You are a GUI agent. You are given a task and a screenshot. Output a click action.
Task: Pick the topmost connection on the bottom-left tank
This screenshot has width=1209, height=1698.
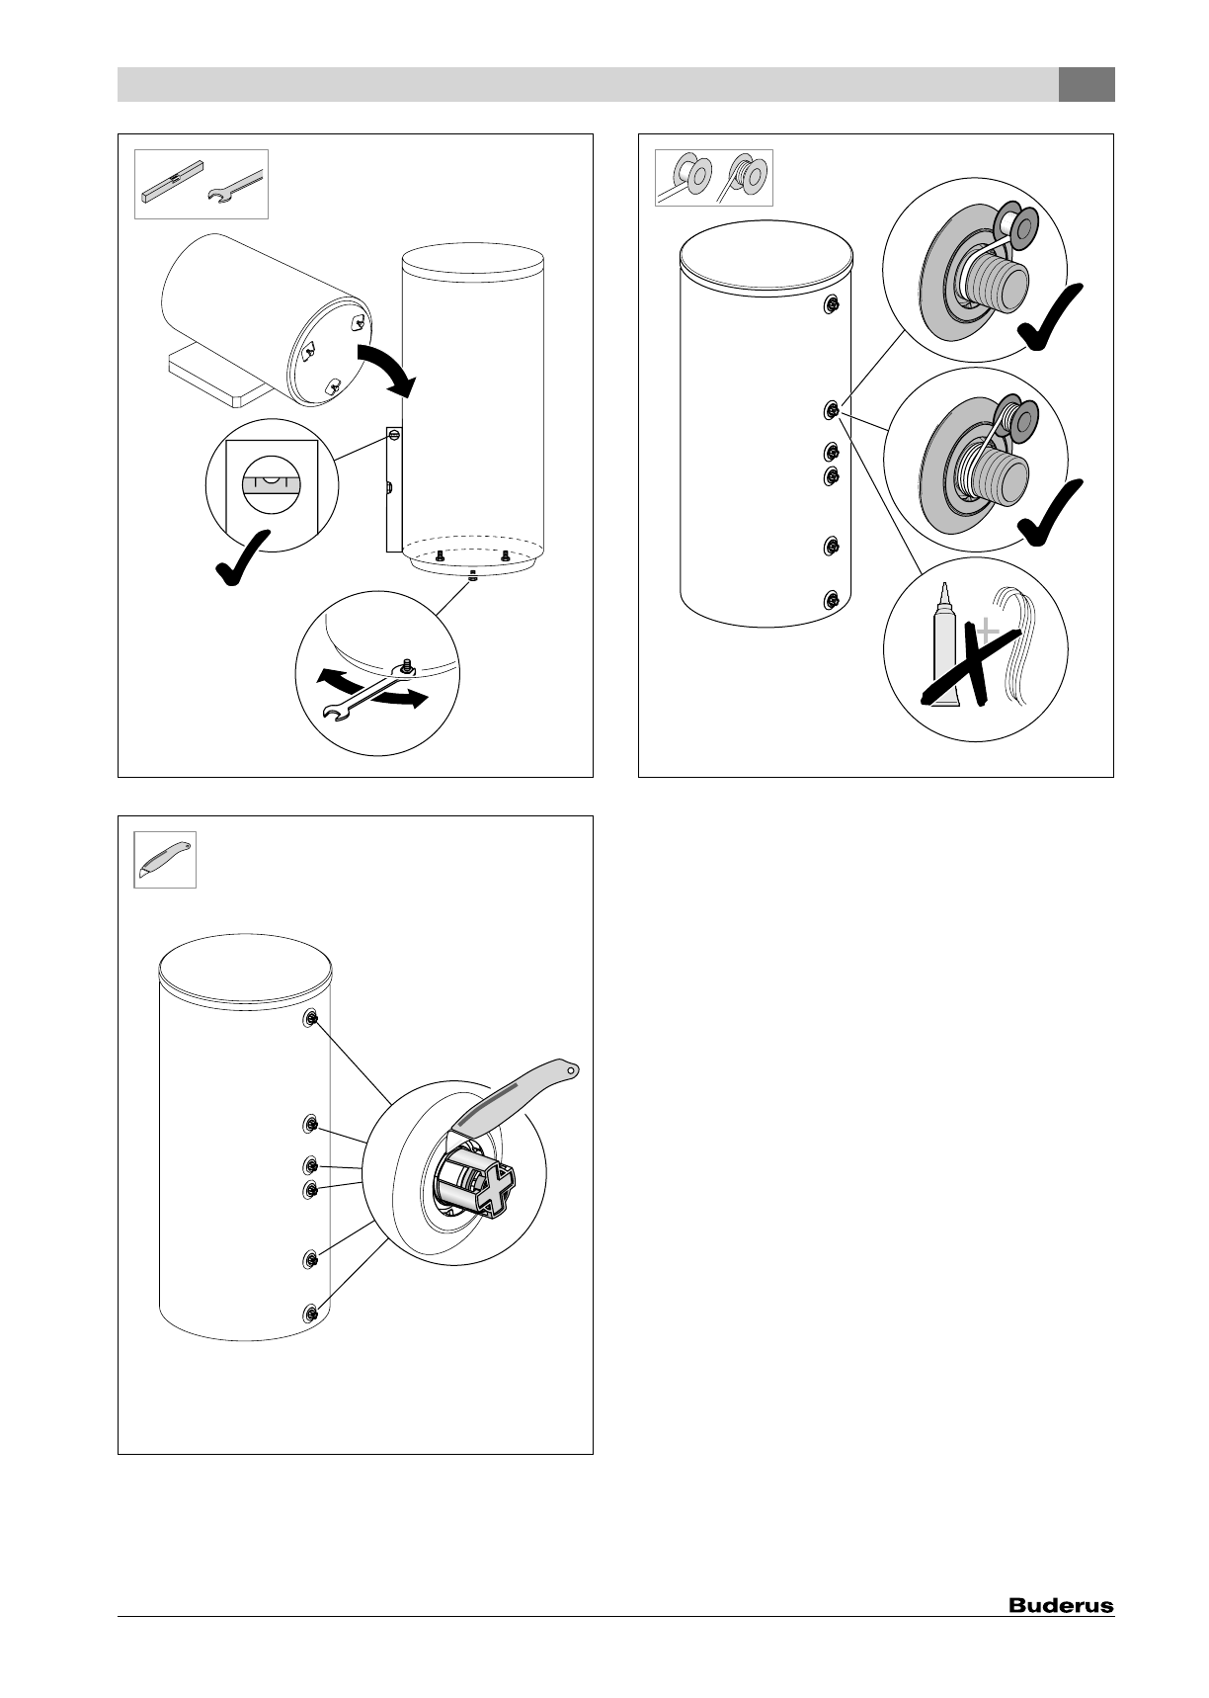311,1018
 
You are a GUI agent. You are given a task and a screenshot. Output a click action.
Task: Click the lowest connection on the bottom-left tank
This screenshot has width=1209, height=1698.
311,1313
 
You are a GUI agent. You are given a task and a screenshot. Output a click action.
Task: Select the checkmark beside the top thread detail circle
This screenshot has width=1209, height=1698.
1051,316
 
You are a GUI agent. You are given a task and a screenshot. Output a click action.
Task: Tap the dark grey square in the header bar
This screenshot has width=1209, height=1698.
1087,85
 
